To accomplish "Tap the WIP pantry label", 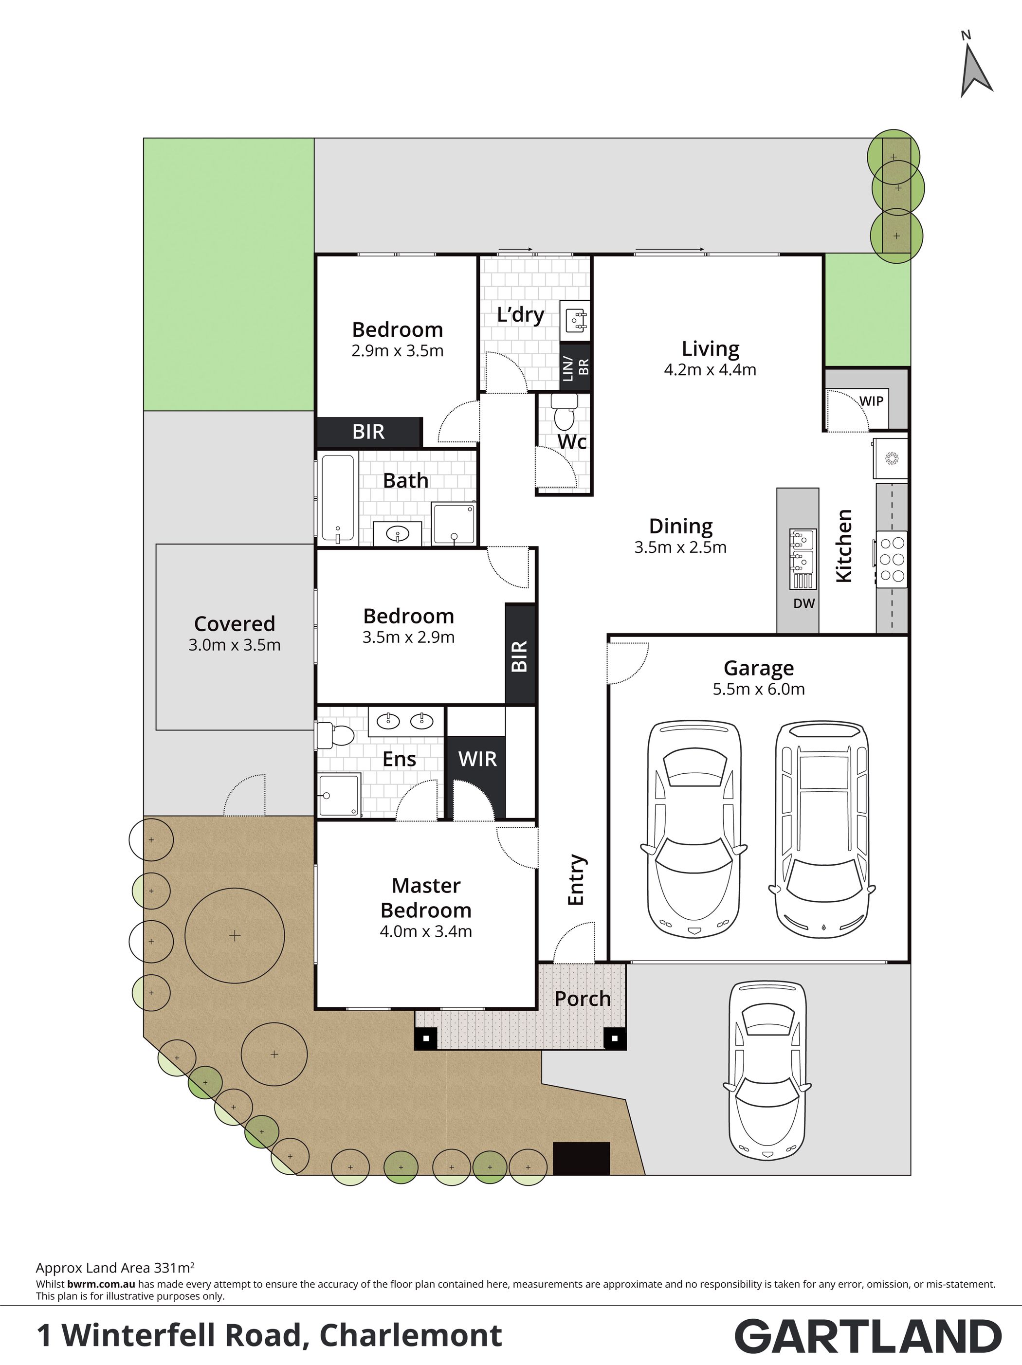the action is click(872, 401).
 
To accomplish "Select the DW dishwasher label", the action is click(804, 603).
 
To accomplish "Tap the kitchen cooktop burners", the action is click(892, 559).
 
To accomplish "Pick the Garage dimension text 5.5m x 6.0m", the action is click(759, 689).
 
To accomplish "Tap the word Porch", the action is click(583, 999).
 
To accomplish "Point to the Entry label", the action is click(576, 879).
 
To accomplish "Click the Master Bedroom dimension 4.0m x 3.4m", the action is click(426, 931).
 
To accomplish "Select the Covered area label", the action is click(235, 623).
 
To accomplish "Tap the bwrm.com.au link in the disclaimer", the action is click(101, 1284).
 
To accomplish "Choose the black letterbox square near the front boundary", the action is click(582, 1158).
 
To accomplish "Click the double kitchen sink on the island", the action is click(803, 550).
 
